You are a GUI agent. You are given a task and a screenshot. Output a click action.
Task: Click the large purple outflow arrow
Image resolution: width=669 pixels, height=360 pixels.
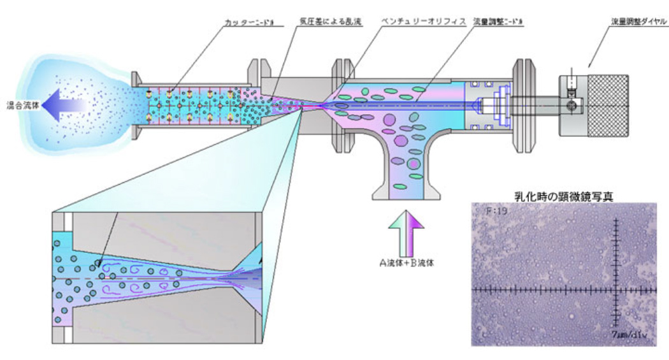(x=70, y=104)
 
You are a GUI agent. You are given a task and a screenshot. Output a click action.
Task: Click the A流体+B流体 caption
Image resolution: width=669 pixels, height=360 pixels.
(x=408, y=262)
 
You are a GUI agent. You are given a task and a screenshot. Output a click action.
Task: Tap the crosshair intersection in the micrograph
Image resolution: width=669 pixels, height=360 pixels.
(x=616, y=289)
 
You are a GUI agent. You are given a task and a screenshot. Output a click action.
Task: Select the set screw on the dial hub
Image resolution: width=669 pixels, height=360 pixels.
(x=573, y=104)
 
